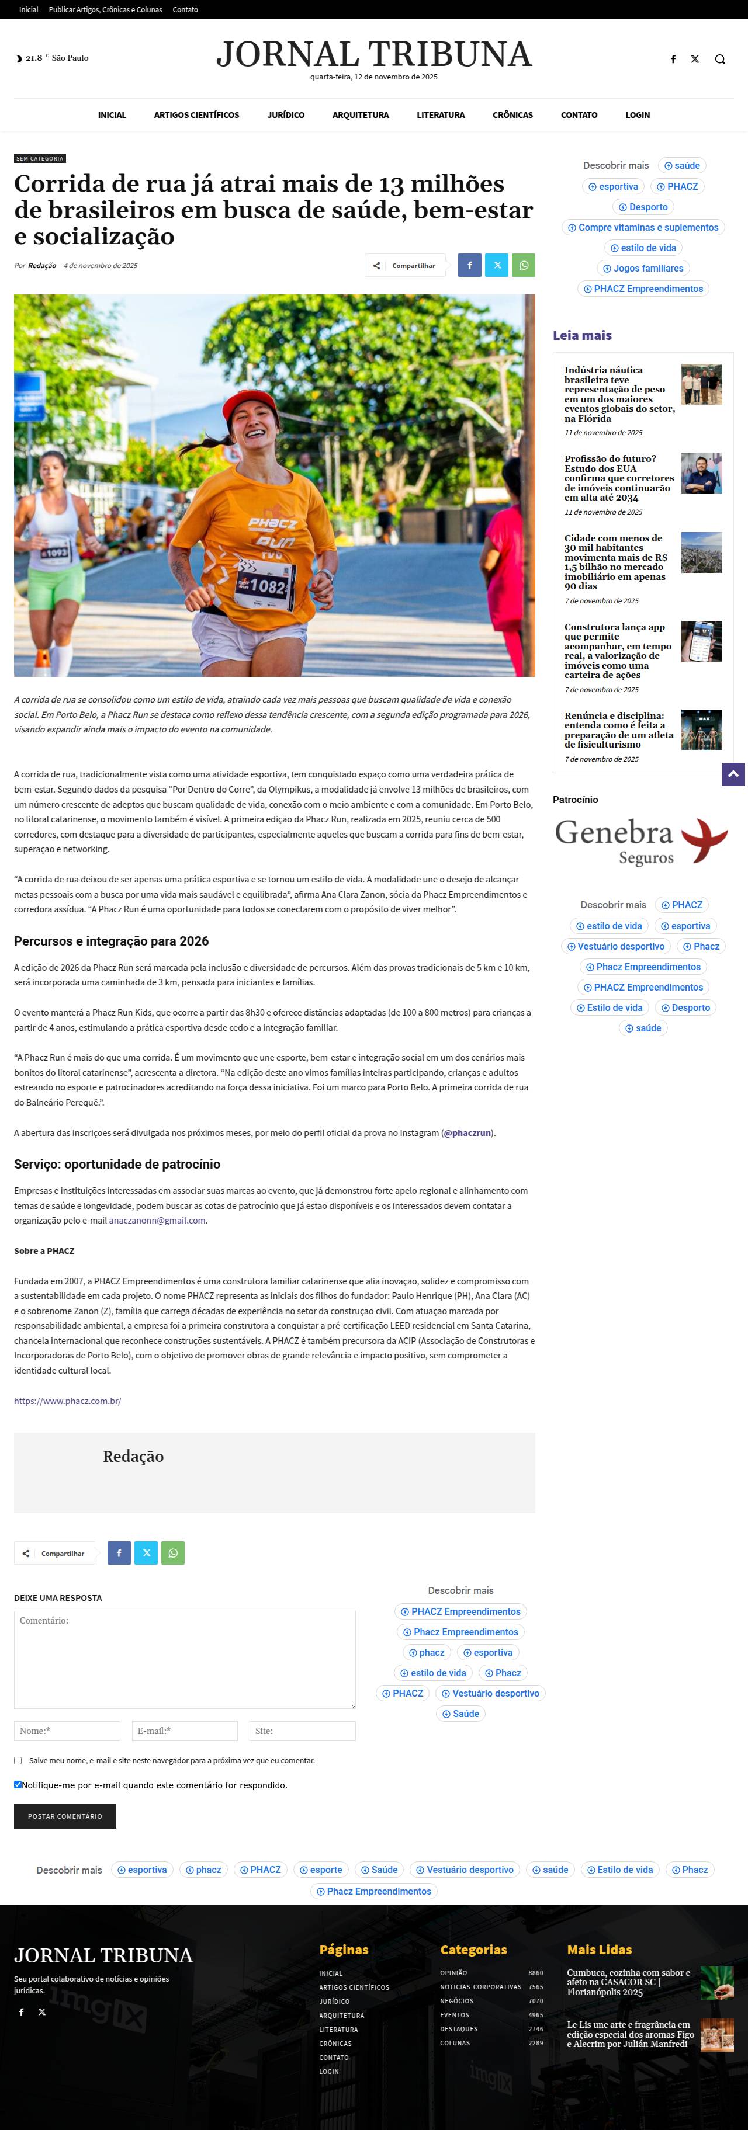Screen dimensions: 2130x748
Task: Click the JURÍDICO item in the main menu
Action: click(x=285, y=115)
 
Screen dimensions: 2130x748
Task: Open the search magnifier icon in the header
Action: click(x=720, y=59)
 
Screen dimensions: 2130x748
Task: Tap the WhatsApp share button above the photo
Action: click(x=523, y=265)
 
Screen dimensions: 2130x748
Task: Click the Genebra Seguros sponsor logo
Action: click(x=641, y=841)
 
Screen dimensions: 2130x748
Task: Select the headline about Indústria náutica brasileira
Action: click(x=619, y=394)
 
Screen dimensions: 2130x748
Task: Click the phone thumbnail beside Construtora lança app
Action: click(x=701, y=641)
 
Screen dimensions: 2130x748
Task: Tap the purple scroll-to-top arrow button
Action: click(x=733, y=775)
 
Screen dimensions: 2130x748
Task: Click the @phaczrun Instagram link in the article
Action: click(x=467, y=1133)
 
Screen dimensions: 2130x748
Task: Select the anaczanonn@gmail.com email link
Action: click(x=157, y=1221)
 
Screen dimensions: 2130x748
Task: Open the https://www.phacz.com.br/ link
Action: click(x=68, y=1401)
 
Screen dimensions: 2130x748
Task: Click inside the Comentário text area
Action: click(x=185, y=1659)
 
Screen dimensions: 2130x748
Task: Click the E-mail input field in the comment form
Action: click(x=185, y=1731)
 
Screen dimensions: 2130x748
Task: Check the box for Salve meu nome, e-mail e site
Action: click(x=18, y=1760)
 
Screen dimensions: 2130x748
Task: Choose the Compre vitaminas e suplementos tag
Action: click(x=643, y=227)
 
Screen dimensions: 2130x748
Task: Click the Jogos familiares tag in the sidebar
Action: click(x=643, y=268)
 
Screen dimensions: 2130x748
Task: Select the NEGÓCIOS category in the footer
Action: click(x=457, y=2001)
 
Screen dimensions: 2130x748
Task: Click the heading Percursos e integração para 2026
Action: click(x=111, y=941)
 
